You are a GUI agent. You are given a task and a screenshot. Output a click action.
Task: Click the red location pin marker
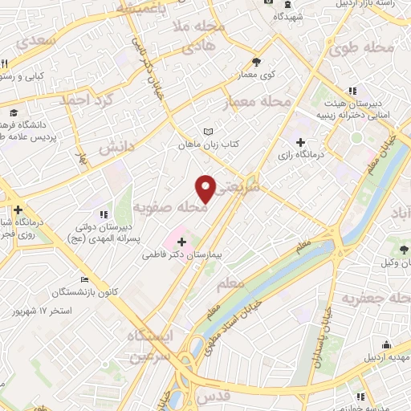coord(206,188)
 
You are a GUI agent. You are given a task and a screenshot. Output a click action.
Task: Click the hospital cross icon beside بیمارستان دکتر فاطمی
coord(181,241)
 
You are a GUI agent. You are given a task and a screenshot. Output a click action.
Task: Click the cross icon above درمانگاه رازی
coord(300,142)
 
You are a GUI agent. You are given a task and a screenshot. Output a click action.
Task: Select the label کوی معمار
coord(255,74)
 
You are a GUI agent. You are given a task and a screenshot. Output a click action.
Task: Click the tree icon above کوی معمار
coord(255,62)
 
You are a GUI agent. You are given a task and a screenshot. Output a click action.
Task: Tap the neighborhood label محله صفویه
coord(170,208)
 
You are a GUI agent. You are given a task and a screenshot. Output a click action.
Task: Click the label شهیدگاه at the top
coord(287,15)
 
